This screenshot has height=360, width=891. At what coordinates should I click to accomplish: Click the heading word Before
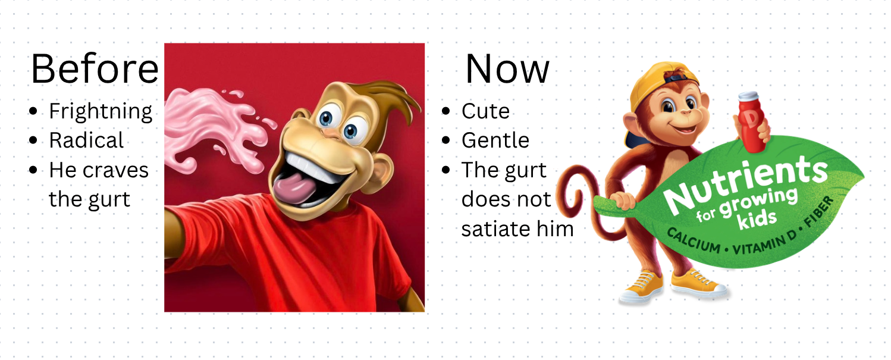[95, 69]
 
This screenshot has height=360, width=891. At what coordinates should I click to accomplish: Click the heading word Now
[507, 69]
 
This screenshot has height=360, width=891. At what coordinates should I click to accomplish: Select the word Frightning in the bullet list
[101, 112]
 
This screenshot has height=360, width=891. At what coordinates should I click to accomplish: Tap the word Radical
[86, 140]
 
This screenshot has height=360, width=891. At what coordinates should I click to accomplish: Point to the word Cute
[485, 111]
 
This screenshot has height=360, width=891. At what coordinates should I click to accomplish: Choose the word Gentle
[495, 140]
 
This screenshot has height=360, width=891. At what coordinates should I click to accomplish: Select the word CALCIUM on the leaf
[694, 241]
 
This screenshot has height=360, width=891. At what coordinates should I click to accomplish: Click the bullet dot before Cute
[446, 111]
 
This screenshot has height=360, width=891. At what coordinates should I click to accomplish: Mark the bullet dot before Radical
[33, 140]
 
